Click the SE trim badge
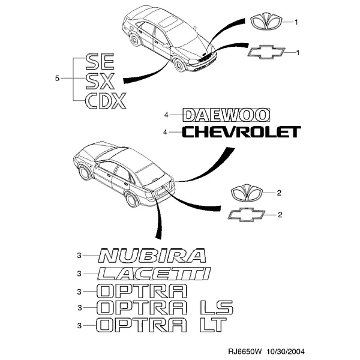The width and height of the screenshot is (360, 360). (100, 62)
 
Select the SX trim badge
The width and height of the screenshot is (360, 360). (100, 81)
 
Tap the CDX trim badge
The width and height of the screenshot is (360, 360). (106, 101)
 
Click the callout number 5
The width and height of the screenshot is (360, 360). (57, 79)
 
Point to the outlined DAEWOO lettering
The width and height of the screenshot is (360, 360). (226, 115)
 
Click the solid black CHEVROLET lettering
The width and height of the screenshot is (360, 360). (241, 132)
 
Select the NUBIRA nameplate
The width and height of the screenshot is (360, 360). (152, 256)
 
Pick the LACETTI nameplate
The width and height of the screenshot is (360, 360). (154, 274)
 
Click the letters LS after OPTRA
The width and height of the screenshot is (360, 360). (217, 307)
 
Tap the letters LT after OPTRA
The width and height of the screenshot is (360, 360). (214, 325)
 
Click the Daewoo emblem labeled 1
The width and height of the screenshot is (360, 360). (266, 22)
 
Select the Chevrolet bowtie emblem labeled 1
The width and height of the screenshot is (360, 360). (266, 53)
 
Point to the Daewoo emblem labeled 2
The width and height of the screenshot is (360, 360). (247, 194)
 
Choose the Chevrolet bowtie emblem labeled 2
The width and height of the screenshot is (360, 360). (247, 215)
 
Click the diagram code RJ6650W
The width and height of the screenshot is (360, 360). (245, 352)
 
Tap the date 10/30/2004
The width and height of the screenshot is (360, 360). (286, 352)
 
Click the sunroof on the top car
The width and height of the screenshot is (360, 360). (169, 21)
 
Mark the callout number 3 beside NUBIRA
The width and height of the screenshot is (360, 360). (79, 256)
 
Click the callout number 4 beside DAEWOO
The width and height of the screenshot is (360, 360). (166, 115)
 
